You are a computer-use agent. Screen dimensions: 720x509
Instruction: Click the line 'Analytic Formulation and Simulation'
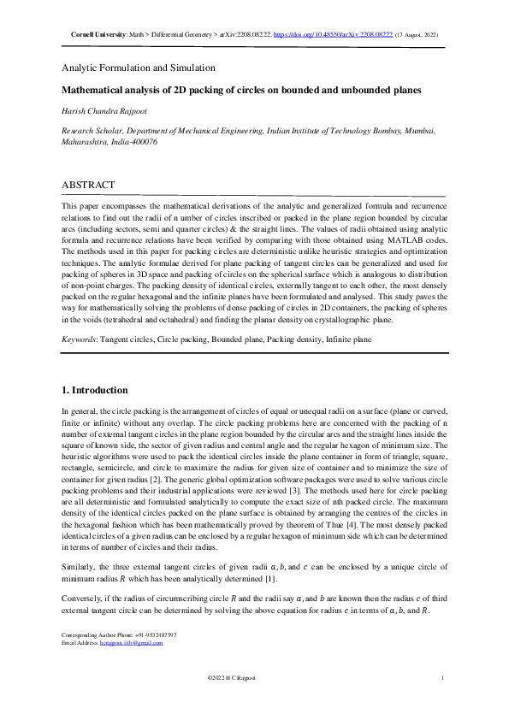(138, 67)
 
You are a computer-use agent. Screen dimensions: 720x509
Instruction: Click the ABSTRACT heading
(88, 184)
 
